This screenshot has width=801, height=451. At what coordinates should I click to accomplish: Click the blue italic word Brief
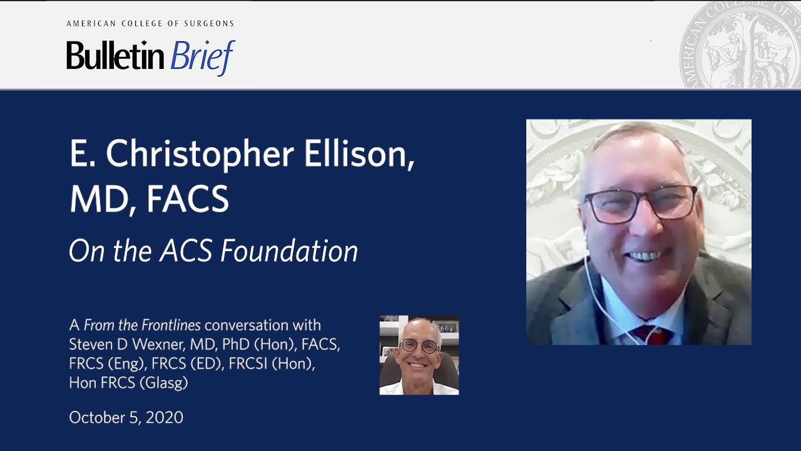tap(202, 57)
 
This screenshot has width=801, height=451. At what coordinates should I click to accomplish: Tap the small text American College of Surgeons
tap(150, 24)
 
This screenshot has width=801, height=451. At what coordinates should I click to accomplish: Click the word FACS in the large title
tap(187, 199)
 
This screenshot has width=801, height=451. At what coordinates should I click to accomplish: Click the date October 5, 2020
tap(126, 418)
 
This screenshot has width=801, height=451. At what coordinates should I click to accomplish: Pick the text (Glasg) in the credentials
tap(163, 383)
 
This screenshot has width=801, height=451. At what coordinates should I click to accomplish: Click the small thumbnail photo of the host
tap(419, 355)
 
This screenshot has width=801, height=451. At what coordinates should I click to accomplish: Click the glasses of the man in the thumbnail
tap(419, 346)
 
